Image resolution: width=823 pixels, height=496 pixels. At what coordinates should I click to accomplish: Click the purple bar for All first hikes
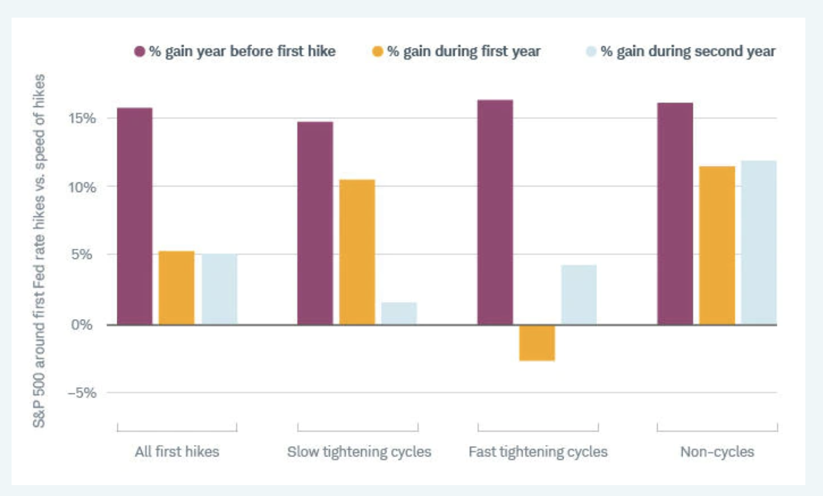pos(134,216)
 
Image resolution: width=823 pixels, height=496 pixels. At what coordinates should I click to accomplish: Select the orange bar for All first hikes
pos(177,288)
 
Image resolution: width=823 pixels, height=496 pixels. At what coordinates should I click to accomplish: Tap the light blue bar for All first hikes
pos(219,289)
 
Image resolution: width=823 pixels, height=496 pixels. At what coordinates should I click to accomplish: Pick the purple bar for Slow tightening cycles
pos(315,223)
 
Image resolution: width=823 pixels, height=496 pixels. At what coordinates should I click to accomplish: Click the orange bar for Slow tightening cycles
pos(357,252)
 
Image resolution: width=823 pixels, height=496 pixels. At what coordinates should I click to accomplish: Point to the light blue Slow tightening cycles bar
pos(399,314)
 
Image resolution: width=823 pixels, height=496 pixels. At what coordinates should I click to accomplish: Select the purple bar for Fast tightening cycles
pos(495,212)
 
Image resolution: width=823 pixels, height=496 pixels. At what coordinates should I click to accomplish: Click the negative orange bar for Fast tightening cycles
pos(537,343)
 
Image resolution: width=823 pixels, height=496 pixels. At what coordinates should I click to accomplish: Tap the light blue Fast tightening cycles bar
pos(579,295)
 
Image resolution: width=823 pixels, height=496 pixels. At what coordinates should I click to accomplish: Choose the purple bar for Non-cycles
pos(675,213)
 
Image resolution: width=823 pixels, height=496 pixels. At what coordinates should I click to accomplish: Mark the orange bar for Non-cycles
pos(717,245)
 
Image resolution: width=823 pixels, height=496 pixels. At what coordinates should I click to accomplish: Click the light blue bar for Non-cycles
pos(759,243)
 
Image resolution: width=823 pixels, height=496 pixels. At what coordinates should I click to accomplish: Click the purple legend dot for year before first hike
pos(139,52)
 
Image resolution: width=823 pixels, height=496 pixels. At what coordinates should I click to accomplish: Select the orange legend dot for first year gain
pos(378,52)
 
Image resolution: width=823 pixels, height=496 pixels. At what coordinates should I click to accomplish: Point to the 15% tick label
pos(82,118)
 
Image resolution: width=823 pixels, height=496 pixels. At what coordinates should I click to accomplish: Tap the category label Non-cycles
pos(717,452)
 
